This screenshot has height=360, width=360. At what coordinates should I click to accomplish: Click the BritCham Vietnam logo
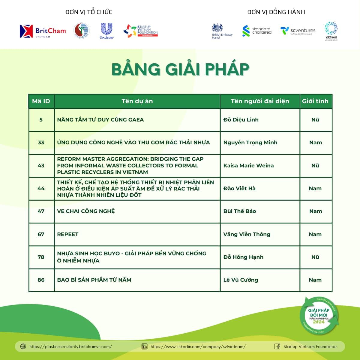[43, 31]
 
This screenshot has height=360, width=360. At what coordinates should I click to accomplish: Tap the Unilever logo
[106, 31]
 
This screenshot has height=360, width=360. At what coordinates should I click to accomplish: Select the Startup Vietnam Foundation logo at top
[141, 31]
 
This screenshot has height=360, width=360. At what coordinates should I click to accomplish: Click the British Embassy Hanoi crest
[217, 28]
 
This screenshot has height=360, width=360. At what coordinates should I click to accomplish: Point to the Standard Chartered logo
[257, 31]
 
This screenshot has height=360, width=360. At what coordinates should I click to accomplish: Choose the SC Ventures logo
[298, 31]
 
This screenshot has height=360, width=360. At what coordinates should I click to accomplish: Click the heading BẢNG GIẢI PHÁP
[180, 69]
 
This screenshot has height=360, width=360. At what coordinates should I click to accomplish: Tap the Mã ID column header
[41, 101]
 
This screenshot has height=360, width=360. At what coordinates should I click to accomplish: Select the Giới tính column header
[315, 101]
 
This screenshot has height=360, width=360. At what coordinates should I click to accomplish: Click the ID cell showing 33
[41, 142]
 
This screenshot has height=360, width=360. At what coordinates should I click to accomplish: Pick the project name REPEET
[68, 234]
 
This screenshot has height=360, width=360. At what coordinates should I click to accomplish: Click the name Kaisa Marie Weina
[248, 166]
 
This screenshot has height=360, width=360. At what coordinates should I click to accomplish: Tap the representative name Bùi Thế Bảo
[239, 211]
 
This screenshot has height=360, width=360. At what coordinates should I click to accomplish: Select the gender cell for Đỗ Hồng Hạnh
[315, 257]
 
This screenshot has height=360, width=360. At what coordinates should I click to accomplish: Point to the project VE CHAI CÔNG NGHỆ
[86, 211]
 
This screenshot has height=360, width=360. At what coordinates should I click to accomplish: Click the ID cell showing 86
[41, 280]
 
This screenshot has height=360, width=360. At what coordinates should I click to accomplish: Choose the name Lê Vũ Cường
[241, 280]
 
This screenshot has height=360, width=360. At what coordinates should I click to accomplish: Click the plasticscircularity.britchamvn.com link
[71, 346]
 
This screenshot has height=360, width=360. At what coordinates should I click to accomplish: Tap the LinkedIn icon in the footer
[144, 346]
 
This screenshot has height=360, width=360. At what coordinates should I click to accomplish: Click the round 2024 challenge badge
[319, 316]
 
